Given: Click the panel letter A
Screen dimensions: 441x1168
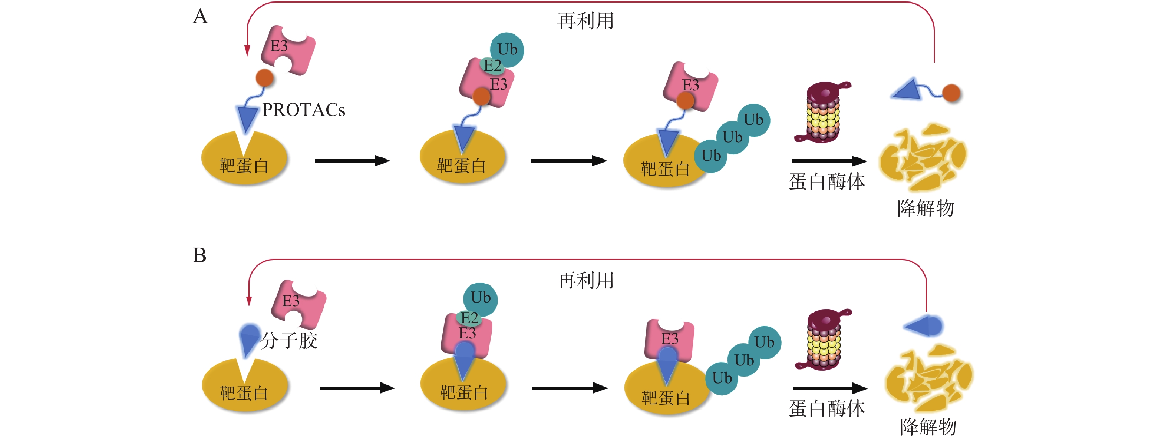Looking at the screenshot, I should (x=200, y=17).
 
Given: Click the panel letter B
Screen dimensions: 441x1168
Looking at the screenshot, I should (x=199, y=255).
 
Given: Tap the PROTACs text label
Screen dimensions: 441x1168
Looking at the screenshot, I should (x=303, y=110).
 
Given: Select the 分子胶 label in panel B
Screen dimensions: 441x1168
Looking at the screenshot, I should (x=289, y=341).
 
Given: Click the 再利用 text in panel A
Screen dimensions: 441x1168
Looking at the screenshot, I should (x=585, y=21).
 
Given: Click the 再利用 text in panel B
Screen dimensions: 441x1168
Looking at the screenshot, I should (x=585, y=281).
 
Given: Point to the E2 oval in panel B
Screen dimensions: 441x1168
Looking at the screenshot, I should (x=469, y=318).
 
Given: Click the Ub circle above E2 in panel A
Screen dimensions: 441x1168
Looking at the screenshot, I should (x=507, y=49).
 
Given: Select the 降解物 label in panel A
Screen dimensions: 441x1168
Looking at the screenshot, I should (x=926, y=208).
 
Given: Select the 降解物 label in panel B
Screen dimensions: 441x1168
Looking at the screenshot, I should (x=928, y=427).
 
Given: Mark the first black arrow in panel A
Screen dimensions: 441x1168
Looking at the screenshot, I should (x=352, y=161).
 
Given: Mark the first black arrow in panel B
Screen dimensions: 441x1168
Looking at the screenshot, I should (x=357, y=388).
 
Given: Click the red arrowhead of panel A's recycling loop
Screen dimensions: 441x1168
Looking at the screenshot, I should (x=247, y=50).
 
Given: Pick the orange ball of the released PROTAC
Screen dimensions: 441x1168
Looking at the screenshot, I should (x=951, y=93).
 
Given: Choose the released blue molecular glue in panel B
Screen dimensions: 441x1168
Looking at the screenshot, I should (x=925, y=326).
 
